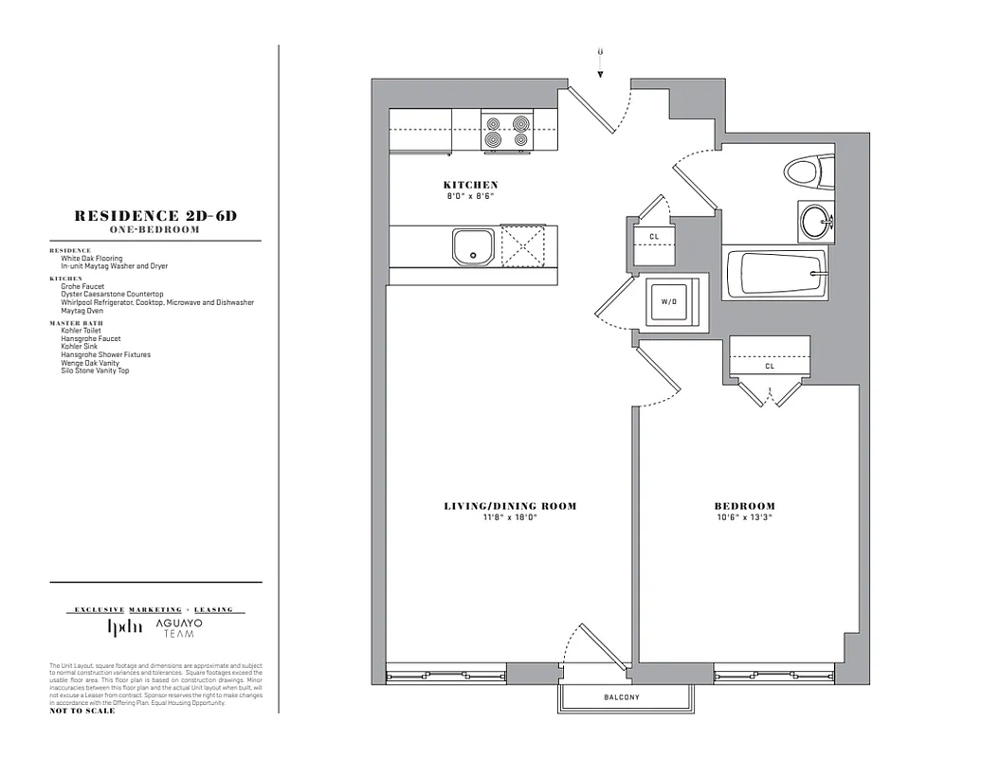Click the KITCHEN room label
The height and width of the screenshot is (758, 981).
470,185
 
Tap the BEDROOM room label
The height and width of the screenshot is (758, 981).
744,506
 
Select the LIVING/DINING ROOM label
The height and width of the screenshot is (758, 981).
510,506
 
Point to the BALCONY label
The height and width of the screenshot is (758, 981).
622,698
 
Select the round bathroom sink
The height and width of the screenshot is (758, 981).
814,223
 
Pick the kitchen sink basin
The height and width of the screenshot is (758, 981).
472,246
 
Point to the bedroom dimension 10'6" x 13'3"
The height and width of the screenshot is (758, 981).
744,518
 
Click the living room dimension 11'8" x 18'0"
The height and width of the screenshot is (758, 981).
510,518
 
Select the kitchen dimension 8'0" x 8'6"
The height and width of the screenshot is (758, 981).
470,196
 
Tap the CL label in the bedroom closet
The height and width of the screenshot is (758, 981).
769,366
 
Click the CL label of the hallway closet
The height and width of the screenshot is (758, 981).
654,237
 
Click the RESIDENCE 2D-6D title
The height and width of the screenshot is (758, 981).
155,216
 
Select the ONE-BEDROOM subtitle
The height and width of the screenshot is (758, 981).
155,230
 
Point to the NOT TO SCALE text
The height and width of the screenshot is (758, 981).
82,711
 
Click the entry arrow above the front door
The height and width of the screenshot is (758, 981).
600,60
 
